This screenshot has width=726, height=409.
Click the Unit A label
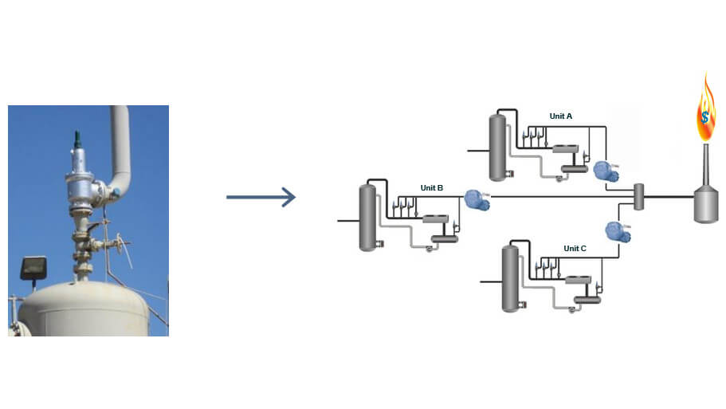(x=560, y=116)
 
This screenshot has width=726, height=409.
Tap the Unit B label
(x=431, y=188)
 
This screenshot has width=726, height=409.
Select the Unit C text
(x=575, y=249)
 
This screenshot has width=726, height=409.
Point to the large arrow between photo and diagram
(x=261, y=197)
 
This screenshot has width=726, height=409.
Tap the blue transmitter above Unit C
(x=618, y=231)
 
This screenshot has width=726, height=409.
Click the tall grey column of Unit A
(x=497, y=146)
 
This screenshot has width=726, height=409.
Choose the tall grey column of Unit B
(x=367, y=217)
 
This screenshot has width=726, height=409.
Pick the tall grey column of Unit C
(x=510, y=278)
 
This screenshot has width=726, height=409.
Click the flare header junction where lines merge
(x=638, y=196)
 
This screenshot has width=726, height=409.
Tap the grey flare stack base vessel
(x=705, y=206)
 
